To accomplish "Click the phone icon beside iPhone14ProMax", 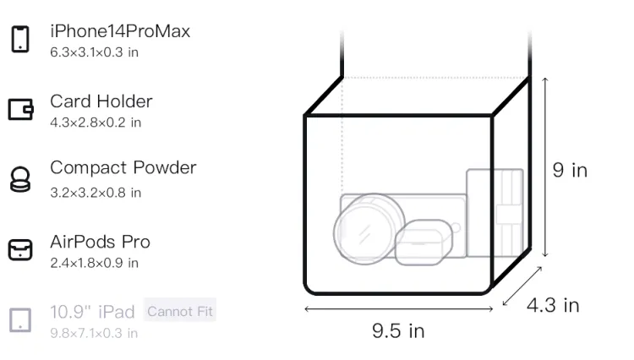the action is click(x=20, y=39).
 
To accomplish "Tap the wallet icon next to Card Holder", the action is click(x=20, y=109).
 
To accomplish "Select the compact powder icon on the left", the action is click(x=20, y=179).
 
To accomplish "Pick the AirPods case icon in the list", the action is click(x=20, y=249).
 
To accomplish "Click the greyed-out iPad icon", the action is click(x=20, y=320).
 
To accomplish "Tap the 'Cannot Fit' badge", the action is click(x=180, y=311).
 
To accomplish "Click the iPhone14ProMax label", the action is click(x=120, y=31).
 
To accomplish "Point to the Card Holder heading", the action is click(x=101, y=101).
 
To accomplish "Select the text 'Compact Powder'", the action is click(x=123, y=167).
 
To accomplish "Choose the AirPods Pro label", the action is click(x=101, y=242).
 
